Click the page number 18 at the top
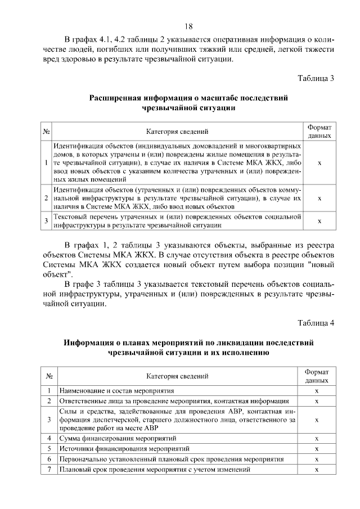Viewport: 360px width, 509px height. click(188, 26)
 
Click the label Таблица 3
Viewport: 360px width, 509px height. click(316, 78)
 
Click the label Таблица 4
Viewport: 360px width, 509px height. click(316, 322)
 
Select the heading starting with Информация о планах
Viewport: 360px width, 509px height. click(188, 347)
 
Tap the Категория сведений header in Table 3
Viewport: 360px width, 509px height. click(178, 132)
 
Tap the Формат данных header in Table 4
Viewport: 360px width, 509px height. click(317, 376)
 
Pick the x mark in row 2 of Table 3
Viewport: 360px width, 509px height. click(319, 199)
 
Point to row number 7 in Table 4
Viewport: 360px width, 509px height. click(49, 470)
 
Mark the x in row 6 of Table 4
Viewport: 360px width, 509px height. click(317, 459)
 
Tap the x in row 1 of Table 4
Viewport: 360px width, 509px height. click(317, 390)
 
